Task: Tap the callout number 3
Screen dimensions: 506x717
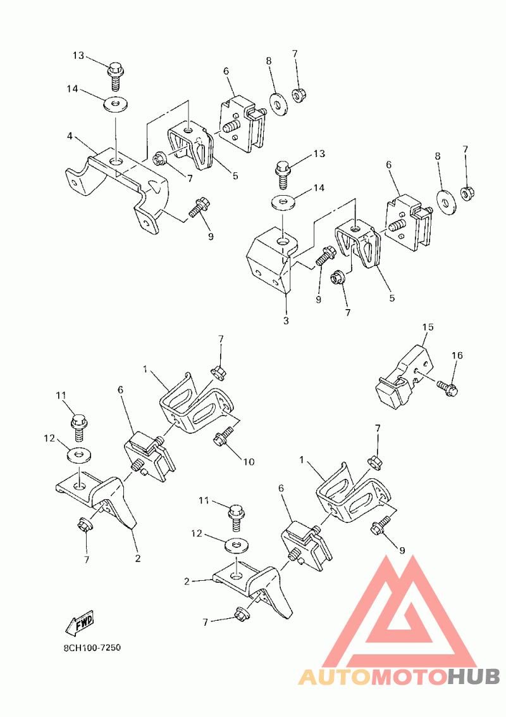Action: click(286, 321)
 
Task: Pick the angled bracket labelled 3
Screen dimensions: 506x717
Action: click(269, 260)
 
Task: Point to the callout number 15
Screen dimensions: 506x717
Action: click(428, 327)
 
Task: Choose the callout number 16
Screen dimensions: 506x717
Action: click(457, 355)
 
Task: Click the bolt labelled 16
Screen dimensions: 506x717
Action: click(449, 388)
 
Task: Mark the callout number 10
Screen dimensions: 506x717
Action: click(249, 462)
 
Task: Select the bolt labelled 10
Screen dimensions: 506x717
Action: click(223, 438)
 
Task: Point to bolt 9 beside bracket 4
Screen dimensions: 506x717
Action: click(199, 207)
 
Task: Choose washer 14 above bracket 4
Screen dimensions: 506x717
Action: click(114, 103)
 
